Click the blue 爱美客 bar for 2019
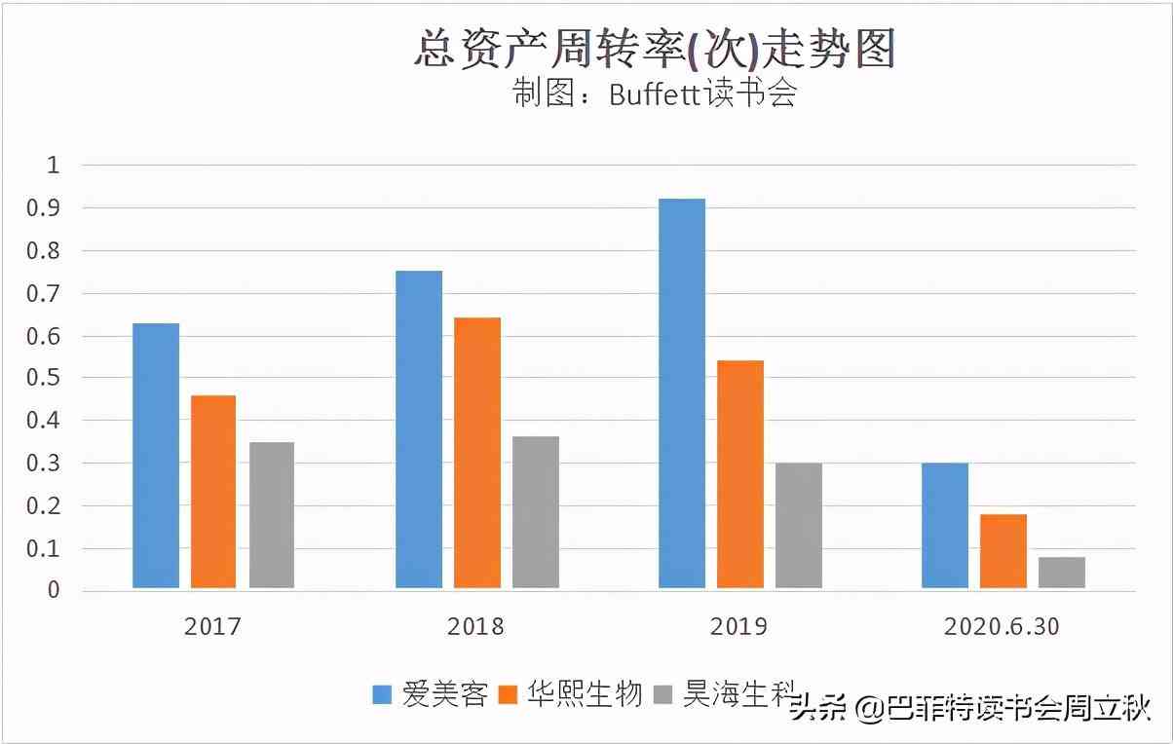click(682, 393)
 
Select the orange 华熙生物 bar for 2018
click(477, 453)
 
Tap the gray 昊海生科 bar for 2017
click(272, 515)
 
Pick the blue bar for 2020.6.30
click(945, 526)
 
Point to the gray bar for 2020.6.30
click(1062, 573)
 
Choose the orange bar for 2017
click(213, 492)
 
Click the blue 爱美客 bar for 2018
click(419, 429)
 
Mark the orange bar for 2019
click(740, 474)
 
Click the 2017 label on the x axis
click(212, 626)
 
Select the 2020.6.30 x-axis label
click(1002, 626)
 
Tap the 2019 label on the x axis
click(739, 626)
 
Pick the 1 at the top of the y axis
click(54, 166)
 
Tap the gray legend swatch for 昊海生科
click(663, 695)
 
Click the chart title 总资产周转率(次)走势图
click(654, 49)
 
